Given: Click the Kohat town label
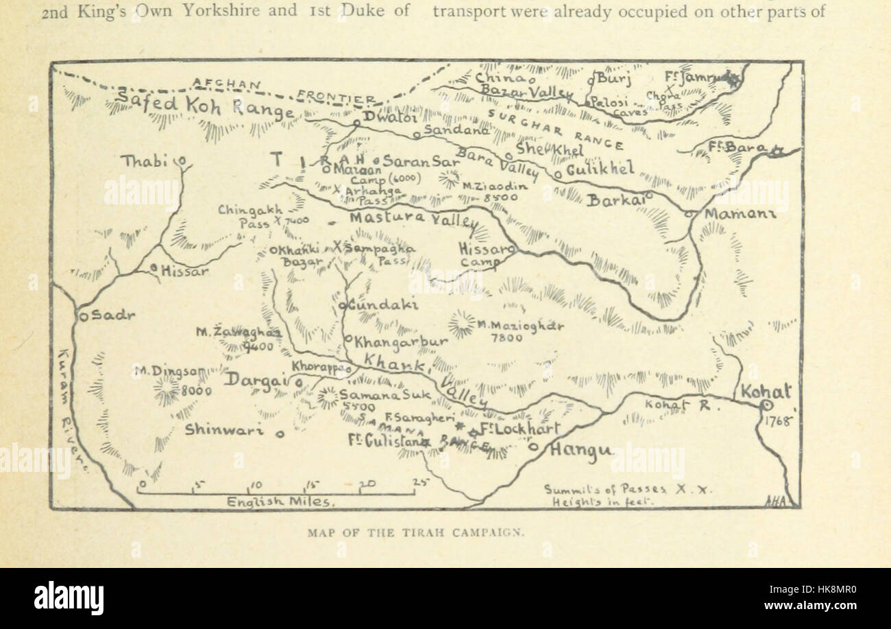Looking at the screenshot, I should (x=766, y=392).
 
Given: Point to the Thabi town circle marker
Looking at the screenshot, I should (x=182, y=162).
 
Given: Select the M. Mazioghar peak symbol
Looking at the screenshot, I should (x=461, y=324).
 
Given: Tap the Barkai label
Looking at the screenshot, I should (x=615, y=200).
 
